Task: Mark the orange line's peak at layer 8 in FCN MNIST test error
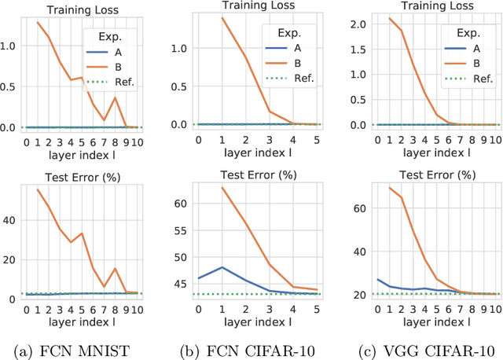click(116, 268)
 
